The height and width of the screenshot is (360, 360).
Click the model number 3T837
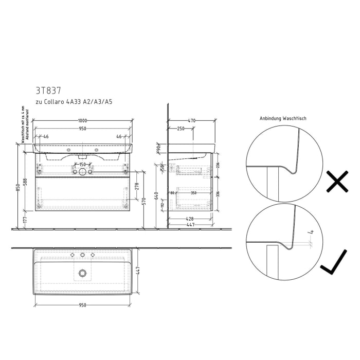pyautogui.click(x=49, y=90)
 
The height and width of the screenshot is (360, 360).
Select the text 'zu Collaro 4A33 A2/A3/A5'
pyautogui.click(x=74, y=102)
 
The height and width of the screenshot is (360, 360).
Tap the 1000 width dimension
pyautogui.click(x=82, y=121)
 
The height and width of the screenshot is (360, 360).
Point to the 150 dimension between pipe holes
pyautogui.click(x=82, y=165)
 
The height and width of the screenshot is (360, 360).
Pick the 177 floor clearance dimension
pyautogui.click(x=24, y=220)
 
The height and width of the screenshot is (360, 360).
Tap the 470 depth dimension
pyautogui.click(x=191, y=121)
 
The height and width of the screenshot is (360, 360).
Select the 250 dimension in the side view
pyautogui.click(x=181, y=129)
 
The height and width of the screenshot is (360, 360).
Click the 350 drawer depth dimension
pyautogui.click(x=193, y=192)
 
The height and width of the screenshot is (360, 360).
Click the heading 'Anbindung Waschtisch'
pyautogui.click(x=283, y=118)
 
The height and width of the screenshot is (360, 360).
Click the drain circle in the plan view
pyautogui.click(x=82, y=273)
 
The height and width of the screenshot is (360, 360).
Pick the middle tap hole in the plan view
pyautogui.click(x=82, y=255)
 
